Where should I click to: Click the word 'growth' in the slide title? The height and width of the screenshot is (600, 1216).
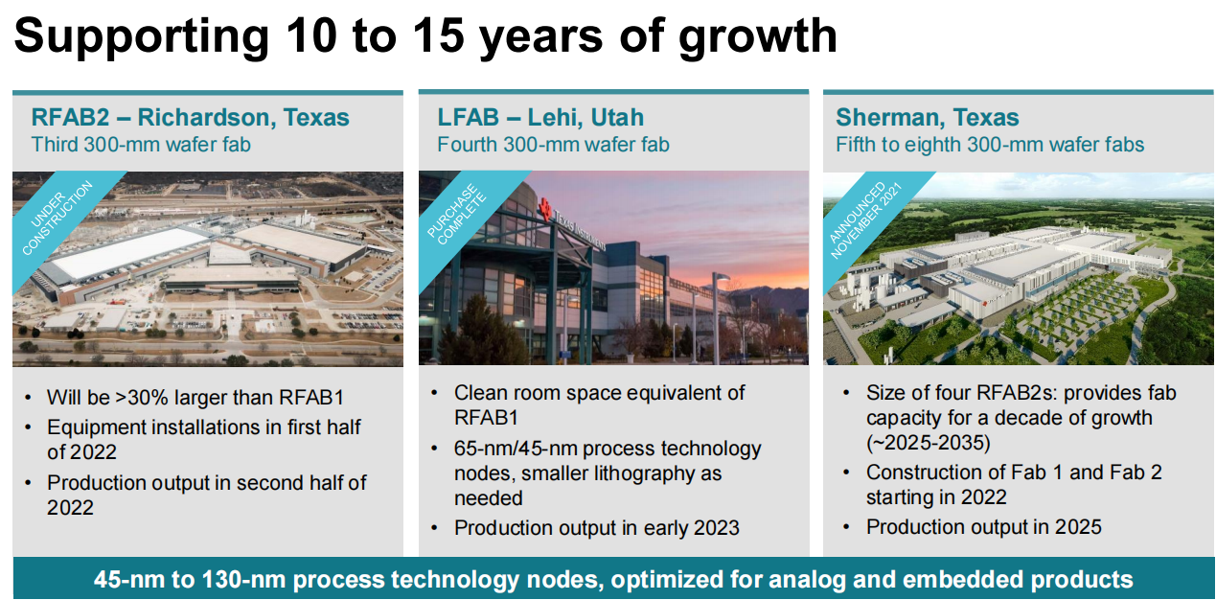pyautogui.click(x=757, y=37)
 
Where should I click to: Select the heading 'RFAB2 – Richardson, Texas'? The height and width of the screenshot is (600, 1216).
pyautogui.click(x=190, y=117)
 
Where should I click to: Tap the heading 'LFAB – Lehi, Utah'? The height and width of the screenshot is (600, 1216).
pyautogui.click(x=540, y=117)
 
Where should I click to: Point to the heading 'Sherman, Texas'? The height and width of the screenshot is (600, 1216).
pyautogui.click(x=928, y=117)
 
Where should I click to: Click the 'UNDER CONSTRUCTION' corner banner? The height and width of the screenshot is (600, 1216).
pyautogui.click(x=58, y=219)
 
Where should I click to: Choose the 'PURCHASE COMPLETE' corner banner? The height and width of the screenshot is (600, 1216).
pyautogui.click(x=460, y=216)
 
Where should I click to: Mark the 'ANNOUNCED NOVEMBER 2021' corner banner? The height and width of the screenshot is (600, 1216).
pyautogui.click(x=865, y=219)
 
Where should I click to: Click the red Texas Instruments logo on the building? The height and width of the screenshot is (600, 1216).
pyautogui.click(x=545, y=209)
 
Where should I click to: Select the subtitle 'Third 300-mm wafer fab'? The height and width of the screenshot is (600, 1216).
pyautogui.click(x=141, y=145)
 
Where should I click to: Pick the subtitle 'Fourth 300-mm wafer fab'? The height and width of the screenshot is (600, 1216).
pyautogui.click(x=553, y=145)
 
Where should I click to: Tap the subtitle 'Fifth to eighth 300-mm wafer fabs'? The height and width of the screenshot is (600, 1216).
pyautogui.click(x=990, y=145)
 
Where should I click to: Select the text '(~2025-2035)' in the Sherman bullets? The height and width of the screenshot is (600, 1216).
pyautogui.click(x=929, y=443)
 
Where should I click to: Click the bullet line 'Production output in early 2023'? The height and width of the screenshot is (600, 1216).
pyautogui.click(x=597, y=528)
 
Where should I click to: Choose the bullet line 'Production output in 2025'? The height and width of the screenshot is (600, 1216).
pyautogui.click(x=984, y=527)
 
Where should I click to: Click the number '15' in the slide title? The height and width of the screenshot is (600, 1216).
pyautogui.click(x=439, y=36)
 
